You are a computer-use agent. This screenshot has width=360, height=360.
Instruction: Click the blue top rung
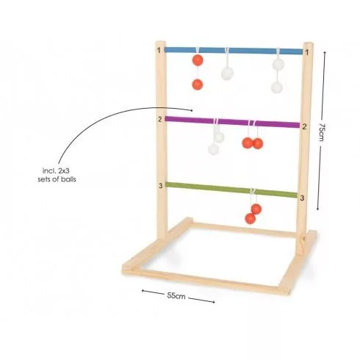[234, 51]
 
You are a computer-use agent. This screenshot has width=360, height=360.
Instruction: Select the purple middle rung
[232, 122]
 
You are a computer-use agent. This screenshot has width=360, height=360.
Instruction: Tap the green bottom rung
[231, 190]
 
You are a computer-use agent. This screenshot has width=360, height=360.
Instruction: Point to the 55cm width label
[176, 295]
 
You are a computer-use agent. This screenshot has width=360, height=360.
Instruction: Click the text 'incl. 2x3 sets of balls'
[57, 175]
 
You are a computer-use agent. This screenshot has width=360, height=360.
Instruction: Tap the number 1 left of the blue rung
[159, 50]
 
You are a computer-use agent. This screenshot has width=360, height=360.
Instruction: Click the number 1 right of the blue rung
[307, 52]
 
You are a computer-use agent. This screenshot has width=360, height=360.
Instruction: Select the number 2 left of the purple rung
[160, 120]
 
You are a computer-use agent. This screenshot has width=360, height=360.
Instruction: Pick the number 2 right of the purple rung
[304, 126]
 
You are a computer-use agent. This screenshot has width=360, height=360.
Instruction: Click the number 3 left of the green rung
[161, 186]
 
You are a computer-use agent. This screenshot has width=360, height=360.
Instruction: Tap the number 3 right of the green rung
[302, 198]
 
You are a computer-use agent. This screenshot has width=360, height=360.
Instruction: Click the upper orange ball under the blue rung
[198, 60]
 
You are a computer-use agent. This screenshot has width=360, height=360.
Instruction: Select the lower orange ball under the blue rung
[198, 84]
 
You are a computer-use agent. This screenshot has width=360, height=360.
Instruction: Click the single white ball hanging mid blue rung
[227, 73]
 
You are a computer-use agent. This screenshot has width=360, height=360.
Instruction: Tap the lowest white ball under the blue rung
[277, 87]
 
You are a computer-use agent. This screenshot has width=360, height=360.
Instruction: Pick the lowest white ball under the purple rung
[213, 149]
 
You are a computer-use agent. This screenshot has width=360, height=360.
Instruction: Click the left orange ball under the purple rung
[248, 143]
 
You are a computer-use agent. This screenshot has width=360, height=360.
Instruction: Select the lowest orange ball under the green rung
[251, 218]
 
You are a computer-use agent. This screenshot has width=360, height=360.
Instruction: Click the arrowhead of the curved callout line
[192, 110]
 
